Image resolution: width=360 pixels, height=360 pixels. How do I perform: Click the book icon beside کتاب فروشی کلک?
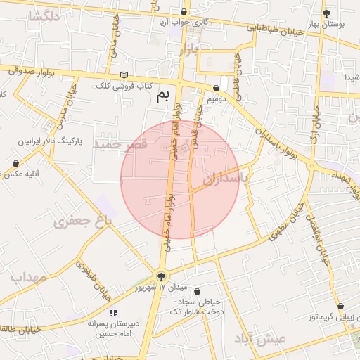pyautogui.click(x=124, y=75)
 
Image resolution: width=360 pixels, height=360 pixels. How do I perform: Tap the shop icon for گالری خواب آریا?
pyautogui.click(x=184, y=12)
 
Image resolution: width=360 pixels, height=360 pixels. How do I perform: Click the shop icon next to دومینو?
pyautogui.click(x=216, y=89)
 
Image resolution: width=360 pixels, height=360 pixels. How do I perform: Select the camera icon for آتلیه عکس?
pyautogui.click(x=15, y=163)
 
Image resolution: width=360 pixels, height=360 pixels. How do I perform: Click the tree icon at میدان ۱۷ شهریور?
pyautogui.click(x=162, y=276)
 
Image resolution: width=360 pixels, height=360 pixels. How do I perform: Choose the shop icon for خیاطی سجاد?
pyautogui.click(x=197, y=291)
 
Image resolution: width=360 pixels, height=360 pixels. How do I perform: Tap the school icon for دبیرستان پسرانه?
pyautogui.click(x=113, y=313)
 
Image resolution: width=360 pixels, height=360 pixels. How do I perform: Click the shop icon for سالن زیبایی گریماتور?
pyautogui.click(x=340, y=307)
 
